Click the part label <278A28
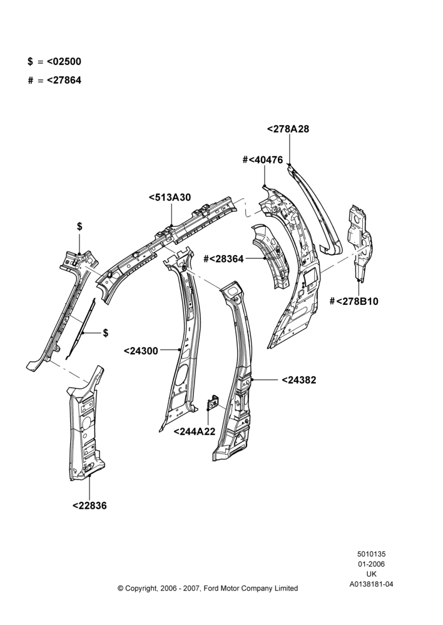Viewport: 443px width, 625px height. click(288, 129)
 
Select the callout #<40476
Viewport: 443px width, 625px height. click(263, 160)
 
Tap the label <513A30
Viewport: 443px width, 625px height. click(170, 197)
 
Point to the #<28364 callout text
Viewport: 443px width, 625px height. click(223, 259)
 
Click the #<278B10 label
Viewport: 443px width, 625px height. click(354, 301)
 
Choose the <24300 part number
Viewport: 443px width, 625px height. click(141, 351)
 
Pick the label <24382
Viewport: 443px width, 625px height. click(299, 380)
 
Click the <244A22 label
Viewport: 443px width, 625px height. click(195, 432)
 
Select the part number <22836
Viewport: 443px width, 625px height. click(90, 506)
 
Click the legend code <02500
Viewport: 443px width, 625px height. click(64, 62)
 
